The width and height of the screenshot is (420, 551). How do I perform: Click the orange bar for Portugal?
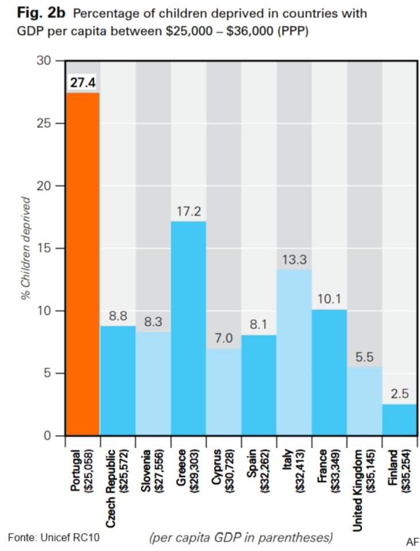(83, 264)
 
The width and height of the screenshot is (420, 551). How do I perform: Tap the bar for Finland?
(399, 420)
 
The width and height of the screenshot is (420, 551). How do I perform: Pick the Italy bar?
(294, 352)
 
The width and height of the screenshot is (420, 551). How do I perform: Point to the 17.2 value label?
(189, 212)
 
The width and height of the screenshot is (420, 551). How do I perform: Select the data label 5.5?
(364, 358)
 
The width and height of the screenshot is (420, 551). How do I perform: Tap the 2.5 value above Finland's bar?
(399, 395)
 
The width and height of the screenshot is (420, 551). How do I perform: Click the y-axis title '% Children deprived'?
(25, 247)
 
